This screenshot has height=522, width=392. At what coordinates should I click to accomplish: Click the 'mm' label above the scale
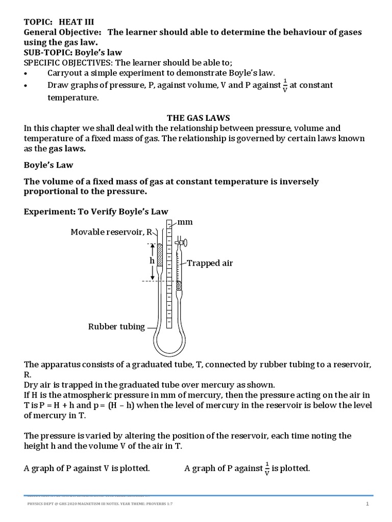click(x=186, y=222)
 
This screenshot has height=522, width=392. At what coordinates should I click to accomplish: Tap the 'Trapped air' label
click(x=210, y=263)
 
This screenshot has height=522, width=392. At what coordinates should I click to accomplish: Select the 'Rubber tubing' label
click(x=117, y=327)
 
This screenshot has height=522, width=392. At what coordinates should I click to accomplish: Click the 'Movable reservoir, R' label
click(x=112, y=232)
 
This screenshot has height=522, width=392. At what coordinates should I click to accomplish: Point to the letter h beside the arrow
click(x=152, y=260)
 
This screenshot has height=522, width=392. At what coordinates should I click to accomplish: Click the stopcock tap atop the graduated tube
click(x=179, y=244)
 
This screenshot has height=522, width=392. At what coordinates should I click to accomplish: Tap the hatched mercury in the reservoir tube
click(x=159, y=254)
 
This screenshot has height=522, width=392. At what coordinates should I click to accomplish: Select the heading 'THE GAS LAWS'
click(x=196, y=117)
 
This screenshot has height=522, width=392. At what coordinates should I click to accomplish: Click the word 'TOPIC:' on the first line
click(x=39, y=22)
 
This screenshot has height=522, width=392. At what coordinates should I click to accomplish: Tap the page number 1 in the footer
click(x=366, y=505)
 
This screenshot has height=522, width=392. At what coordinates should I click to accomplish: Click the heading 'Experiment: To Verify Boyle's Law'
click(x=96, y=211)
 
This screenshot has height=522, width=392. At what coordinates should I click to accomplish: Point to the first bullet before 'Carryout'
click(x=27, y=73)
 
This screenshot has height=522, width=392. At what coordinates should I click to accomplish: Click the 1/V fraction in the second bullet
click(x=285, y=86)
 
